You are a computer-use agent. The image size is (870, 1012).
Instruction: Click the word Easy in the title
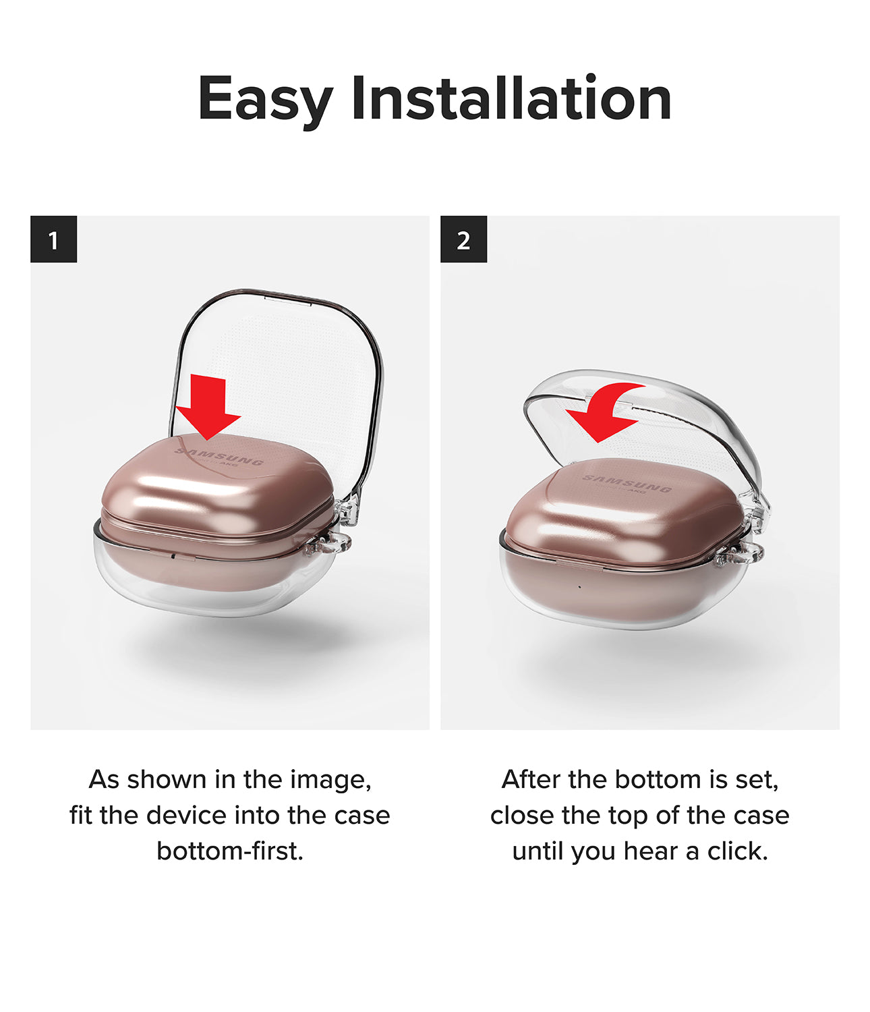click(x=264, y=100)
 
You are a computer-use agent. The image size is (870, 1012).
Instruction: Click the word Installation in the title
click(x=511, y=99)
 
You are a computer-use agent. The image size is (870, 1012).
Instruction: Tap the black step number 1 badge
click(x=54, y=240)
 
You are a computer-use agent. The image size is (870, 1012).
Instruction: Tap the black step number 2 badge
click(x=463, y=240)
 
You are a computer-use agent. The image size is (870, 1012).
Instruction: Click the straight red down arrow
click(x=209, y=407)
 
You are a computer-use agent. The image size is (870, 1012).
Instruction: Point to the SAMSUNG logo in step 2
click(x=627, y=483)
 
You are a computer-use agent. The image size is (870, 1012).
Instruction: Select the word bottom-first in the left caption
click(x=230, y=851)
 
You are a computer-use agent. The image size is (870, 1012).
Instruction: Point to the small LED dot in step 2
click(x=579, y=587)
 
